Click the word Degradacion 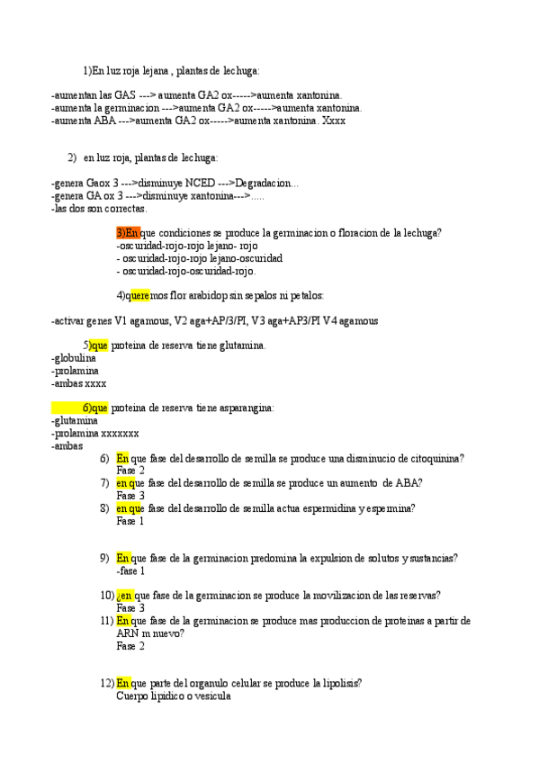(267, 184)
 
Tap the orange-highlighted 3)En (128, 233)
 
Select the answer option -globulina (76, 357)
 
